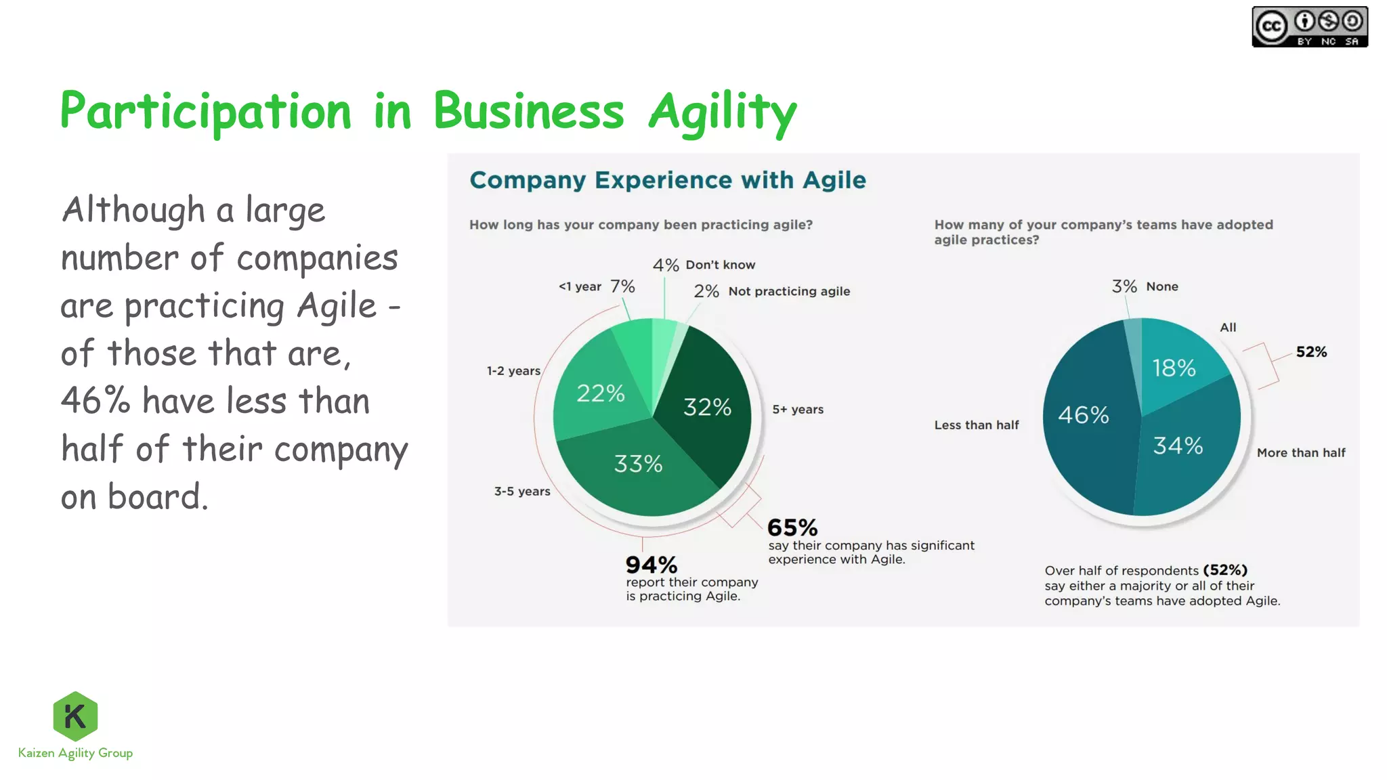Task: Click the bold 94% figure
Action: point(651,565)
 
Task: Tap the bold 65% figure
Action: point(792,527)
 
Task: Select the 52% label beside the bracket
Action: point(1311,352)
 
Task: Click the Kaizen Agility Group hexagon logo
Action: point(75,716)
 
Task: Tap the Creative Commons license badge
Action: point(1309,27)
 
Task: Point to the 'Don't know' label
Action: point(720,265)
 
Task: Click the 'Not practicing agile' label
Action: point(789,291)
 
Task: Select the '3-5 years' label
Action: point(522,492)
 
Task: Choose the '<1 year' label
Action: point(580,286)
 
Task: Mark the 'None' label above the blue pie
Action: point(1162,286)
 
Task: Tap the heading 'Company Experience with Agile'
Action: point(668,180)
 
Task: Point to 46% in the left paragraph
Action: point(95,400)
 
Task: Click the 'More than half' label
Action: point(1301,453)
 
